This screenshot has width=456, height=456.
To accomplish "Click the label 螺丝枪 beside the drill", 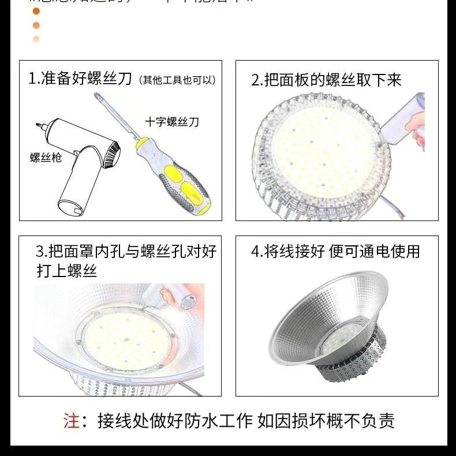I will (x=46, y=157).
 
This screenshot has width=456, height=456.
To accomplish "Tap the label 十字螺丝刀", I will (x=171, y=122).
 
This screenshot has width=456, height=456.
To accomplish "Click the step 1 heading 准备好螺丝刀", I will (x=81, y=79).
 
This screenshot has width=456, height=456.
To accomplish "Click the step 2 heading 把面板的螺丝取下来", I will (x=326, y=80).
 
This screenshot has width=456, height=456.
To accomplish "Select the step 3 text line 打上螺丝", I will (x=66, y=271).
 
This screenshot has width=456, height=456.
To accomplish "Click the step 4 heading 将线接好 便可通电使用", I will (x=335, y=251).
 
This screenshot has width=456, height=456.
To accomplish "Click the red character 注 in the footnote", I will (x=72, y=421).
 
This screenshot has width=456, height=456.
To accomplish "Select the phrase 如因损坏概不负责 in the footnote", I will (x=326, y=421).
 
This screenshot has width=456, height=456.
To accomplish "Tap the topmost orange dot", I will (x=36, y=11).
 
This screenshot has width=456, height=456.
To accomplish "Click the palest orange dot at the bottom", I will (x=36, y=39).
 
